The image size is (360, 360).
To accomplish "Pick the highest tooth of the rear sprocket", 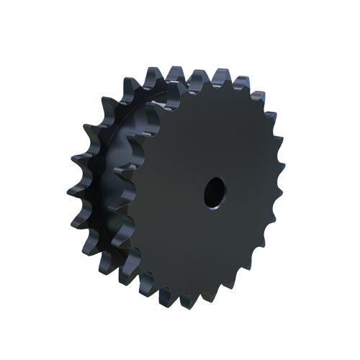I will tap(153, 73).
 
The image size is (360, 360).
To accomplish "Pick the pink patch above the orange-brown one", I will tap(282, 130).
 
